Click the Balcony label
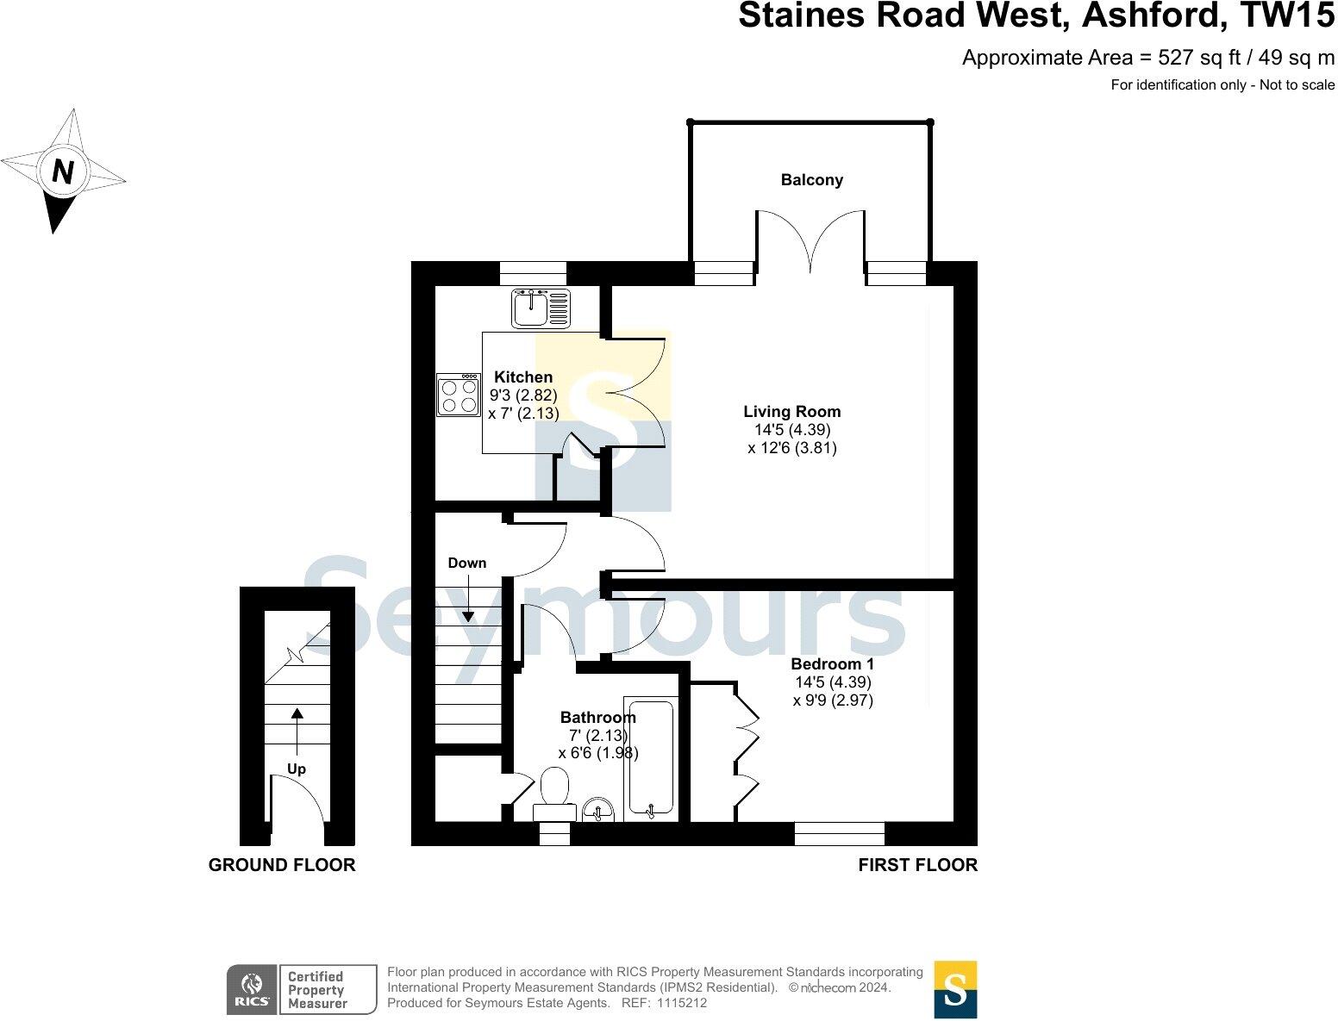(x=811, y=180)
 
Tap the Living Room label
(x=791, y=412)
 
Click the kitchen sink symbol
(x=541, y=308)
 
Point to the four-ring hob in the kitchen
(x=459, y=395)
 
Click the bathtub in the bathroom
(x=650, y=758)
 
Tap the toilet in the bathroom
(x=553, y=794)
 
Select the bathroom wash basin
(x=597, y=810)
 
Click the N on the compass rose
(x=62, y=171)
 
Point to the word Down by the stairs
(x=466, y=563)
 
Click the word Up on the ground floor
(x=296, y=769)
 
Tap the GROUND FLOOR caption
(x=281, y=865)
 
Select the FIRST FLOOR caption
(x=917, y=865)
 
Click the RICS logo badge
(x=252, y=989)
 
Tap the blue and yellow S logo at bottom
(x=955, y=989)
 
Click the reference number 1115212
(x=681, y=1003)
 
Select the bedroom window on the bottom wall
(x=839, y=833)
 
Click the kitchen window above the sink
(x=533, y=273)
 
